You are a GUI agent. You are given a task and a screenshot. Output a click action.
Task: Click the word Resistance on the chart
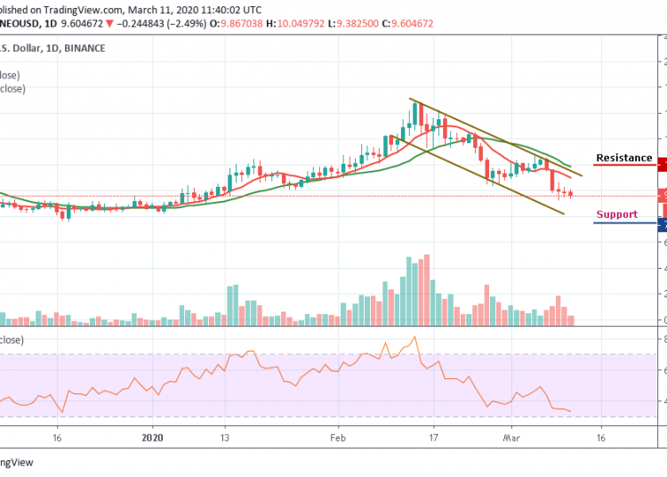pyautogui.click(x=623, y=158)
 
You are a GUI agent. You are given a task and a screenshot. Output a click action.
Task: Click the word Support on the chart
pyautogui.click(x=616, y=214)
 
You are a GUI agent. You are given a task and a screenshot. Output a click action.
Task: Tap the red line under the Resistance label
pyautogui.click(x=624, y=166)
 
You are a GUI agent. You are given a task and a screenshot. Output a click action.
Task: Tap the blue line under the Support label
pyautogui.click(x=624, y=222)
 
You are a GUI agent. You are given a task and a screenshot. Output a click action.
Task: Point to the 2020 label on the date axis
pyautogui.click(x=153, y=438)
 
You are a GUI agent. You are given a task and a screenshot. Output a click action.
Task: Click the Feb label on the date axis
pyautogui.click(x=337, y=438)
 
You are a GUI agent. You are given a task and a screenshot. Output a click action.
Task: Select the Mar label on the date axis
pyautogui.click(x=510, y=438)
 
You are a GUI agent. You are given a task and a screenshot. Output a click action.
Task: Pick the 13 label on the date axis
pyautogui.click(x=225, y=438)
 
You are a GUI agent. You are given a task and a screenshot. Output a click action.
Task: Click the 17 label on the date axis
pyautogui.click(x=433, y=438)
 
